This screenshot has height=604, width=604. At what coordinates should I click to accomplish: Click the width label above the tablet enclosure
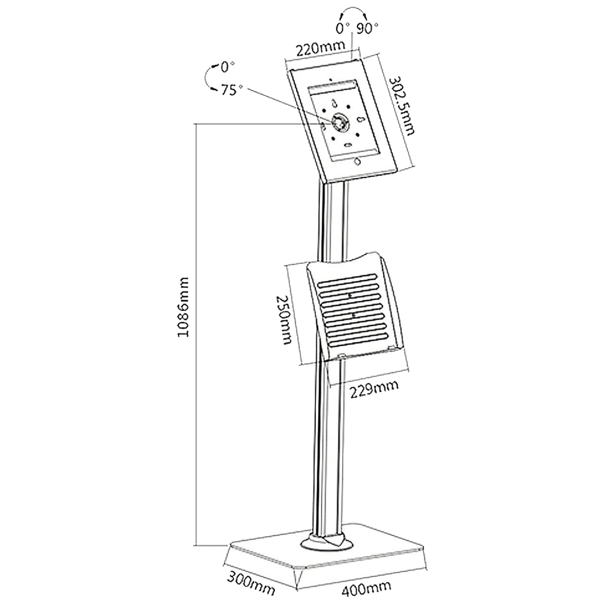[321, 49]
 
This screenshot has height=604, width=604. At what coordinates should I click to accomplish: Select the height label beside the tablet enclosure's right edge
[402, 107]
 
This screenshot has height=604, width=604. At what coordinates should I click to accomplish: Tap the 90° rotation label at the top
[367, 28]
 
